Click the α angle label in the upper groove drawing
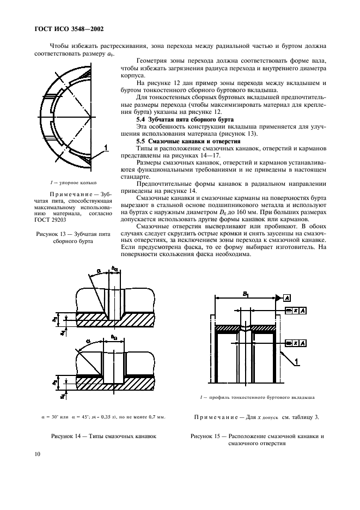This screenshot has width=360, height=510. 99,270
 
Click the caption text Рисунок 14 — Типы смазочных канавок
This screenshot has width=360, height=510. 103,436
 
